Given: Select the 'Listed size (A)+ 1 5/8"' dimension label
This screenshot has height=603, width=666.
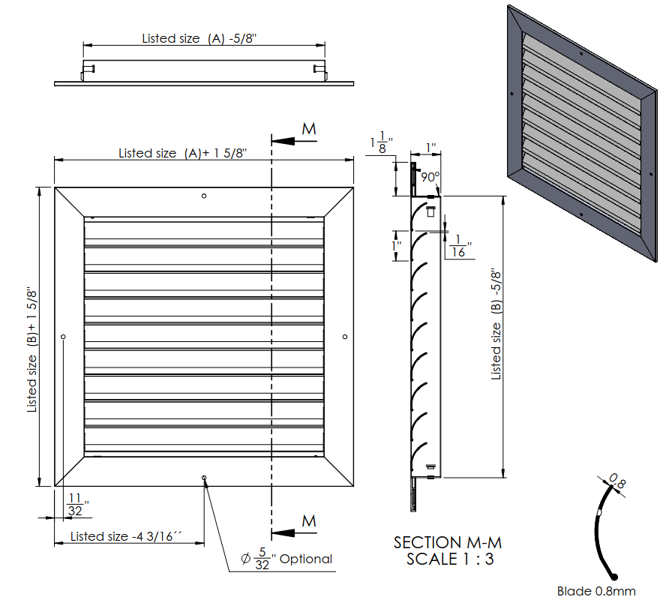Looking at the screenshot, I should [183, 153].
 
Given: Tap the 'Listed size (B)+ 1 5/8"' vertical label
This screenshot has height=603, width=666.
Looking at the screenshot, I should [32, 349].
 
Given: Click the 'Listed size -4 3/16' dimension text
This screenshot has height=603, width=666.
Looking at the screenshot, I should [127, 536].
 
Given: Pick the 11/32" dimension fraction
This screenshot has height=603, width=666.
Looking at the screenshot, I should [76, 504].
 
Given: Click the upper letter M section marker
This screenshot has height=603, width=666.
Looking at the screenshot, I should [309, 129].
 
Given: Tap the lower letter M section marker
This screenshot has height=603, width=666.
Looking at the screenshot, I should [309, 520].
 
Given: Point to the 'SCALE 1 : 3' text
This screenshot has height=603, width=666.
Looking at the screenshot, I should [450, 559].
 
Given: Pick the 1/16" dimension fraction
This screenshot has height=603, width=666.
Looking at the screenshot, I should [459, 245].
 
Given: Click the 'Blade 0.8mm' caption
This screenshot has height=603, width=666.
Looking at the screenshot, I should [592, 590].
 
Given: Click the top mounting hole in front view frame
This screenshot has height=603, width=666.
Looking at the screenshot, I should [205, 197].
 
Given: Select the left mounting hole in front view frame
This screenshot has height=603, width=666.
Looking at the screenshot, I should [64, 337].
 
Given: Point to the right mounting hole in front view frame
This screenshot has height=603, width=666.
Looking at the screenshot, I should [344, 337].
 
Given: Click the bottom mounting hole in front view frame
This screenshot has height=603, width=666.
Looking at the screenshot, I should [204, 477].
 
